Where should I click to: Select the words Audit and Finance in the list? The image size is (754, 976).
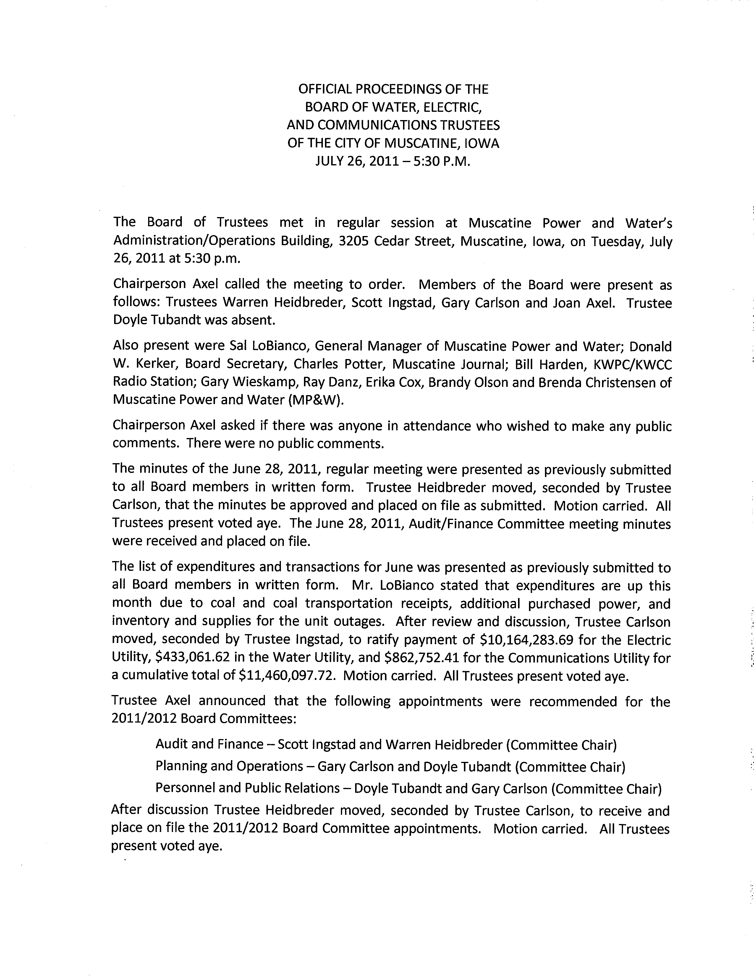pyautogui.click(x=209, y=744)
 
